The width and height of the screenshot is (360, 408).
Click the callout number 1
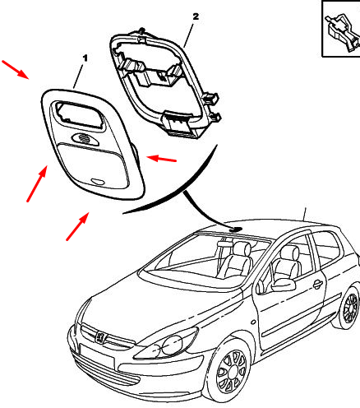point(85,58)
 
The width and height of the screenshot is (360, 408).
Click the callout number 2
point(196,16)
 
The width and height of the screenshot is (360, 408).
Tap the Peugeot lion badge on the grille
point(100,337)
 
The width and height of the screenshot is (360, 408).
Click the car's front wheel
point(232,372)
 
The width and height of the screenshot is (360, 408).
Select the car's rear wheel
point(349,308)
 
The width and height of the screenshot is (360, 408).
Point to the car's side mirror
point(284,285)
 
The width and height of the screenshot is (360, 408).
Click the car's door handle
point(317,285)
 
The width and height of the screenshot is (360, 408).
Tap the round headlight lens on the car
point(172,344)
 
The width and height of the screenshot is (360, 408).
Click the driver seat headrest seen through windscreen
point(242,248)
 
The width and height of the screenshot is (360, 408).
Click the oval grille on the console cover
point(85,138)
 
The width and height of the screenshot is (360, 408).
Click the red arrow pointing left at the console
point(162,159)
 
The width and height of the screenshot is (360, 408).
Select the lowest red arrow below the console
point(77,226)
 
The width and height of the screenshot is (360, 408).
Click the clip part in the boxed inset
point(343,33)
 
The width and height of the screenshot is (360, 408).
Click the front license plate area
point(96,356)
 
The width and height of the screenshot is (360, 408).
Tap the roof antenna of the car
point(305,214)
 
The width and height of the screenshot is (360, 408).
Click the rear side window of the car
point(327,248)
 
